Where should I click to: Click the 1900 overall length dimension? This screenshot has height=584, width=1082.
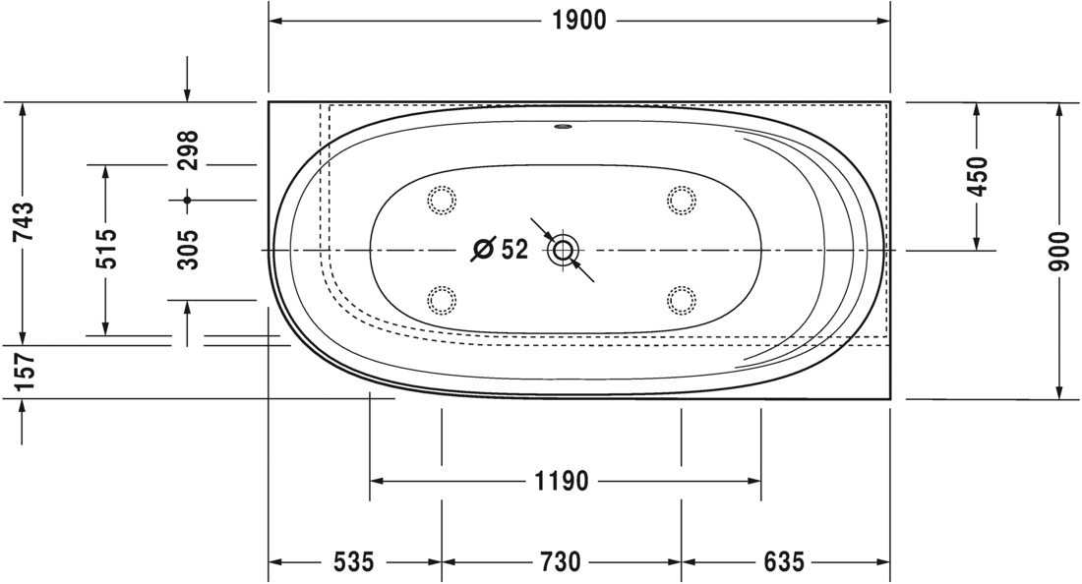pyautogui.click(x=579, y=21)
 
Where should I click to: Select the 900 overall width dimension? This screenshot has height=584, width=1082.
pyautogui.click(x=1058, y=251)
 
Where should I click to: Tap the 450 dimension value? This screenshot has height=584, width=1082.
pyautogui.click(x=977, y=177)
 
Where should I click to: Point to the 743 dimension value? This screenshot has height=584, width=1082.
pyautogui.click(x=23, y=222)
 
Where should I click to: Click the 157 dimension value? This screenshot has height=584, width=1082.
pyautogui.click(x=23, y=372)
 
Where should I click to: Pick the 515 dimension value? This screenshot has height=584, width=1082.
pyautogui.click(x=105, y=249)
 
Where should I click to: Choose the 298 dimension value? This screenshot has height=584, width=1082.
pyautogui.click(x=187, y=150)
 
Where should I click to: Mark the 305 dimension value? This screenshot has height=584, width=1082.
pyautogui.click(x=187, y=250)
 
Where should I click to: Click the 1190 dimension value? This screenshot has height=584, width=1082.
pyautogui.click(x=563, y=481)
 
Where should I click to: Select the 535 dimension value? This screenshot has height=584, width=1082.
pyautogui.click(x=354, y=561)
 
